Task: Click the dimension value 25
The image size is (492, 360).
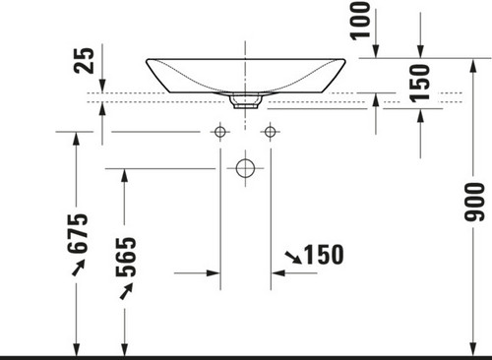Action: pos(84,60)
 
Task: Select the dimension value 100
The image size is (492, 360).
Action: pos(360,21)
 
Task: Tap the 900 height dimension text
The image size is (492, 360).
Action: pos(474,202)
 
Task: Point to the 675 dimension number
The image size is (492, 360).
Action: pos(78,233)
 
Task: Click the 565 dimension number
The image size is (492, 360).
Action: pos(126,257)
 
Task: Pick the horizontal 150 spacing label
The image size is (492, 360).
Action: pos(324,255)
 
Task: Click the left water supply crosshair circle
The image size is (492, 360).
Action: pos(220,132)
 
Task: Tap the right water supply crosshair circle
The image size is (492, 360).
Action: pos(270,132)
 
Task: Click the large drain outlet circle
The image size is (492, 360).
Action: pos(245,168)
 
